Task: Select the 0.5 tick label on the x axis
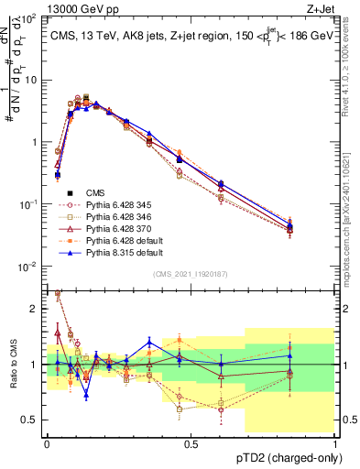pyautogui.click(x=191, y=442)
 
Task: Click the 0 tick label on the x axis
pyautogui.click(x=47, y=442)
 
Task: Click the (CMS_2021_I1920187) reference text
pyautogui.click(x=191, y=275)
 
